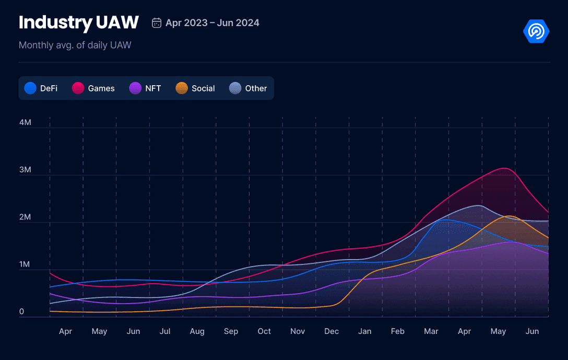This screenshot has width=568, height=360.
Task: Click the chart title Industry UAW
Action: pyautogui.click(x=78, y=22)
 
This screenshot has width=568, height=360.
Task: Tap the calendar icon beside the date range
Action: pyautogui.click(x=156, y=22)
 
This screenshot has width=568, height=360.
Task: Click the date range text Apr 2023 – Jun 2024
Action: pyautogui.click(x=212, y=22)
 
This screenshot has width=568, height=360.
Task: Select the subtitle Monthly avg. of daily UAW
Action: pyautogui.click(x=75, y=45)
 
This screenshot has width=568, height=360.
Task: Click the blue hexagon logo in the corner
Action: pyautogui.click(x=536, y=32)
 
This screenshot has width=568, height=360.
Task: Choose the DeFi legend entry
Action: pyautogui.click(x=41, y=88)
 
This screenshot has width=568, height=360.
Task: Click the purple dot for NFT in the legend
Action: pyautogui.click(x=135, y=88)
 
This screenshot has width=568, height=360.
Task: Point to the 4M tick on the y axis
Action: pyautogui.click(x=25, y=123)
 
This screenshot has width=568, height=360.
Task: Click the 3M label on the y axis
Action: pyautogui.click(x=25, y=170)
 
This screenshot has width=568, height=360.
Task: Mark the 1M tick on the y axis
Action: pyautogui.click(x=25, y=264)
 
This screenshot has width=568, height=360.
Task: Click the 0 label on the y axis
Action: pyautogui.click(x=21, y=312)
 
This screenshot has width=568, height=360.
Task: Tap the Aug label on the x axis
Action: pyautogui.click(x=197, y=331)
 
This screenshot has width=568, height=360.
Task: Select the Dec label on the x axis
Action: pyautogui.click(x=332, y=331)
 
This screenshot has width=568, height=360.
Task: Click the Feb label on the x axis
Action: pyautogui.click(x=398, y=331)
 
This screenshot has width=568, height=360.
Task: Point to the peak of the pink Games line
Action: pyautogui.click(x=504, y=168)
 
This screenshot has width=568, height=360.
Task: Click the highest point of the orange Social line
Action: pyautogui.click(x=509, y=216)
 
